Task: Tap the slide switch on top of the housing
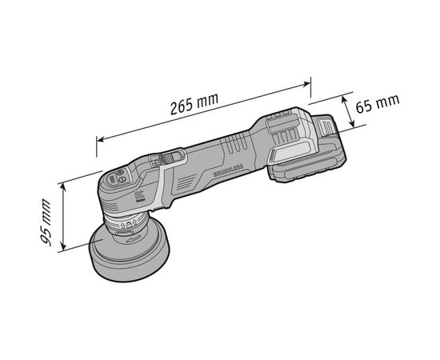pyautogui.click(x=170, y=160)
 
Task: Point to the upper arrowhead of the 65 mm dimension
pyautogui.click(x=346, y=98)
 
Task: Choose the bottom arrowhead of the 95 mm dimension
pyautogui.click(x=62, y=251)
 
